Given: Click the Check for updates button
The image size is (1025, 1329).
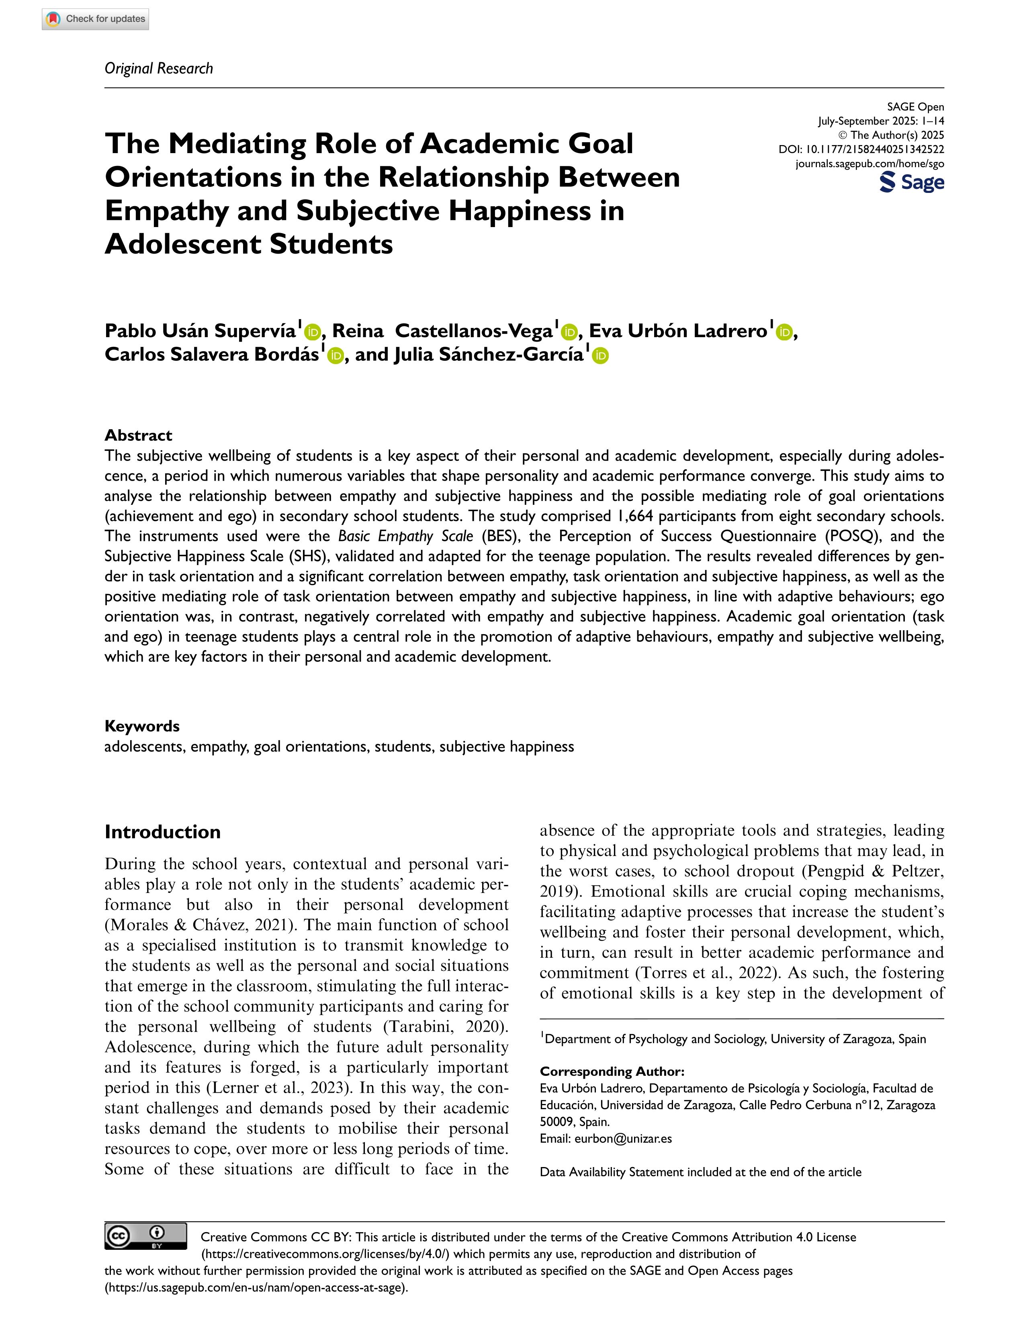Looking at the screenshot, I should pos(96,19).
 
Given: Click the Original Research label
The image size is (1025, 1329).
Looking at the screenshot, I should pos(159,68).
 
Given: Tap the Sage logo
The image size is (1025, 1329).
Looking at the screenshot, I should pos(911,182).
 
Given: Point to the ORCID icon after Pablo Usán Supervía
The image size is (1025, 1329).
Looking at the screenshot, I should pos(312,332).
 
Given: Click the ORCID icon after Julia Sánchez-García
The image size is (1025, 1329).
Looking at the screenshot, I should pos(600,356).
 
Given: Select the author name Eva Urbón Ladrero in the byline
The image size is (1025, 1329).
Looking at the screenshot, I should pos(678,330).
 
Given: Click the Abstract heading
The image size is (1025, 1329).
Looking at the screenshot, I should pos(138,435).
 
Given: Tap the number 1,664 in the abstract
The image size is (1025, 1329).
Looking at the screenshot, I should pos(635,516).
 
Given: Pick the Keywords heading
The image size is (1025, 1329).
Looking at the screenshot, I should pos(142,726).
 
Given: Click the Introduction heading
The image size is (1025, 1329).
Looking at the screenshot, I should pos(162,832).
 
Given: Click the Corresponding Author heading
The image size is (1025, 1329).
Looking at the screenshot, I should pos(612,1071).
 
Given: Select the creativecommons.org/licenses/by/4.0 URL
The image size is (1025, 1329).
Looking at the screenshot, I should pos(326,1254).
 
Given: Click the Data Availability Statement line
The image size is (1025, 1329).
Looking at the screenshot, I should pos(700,1172).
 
